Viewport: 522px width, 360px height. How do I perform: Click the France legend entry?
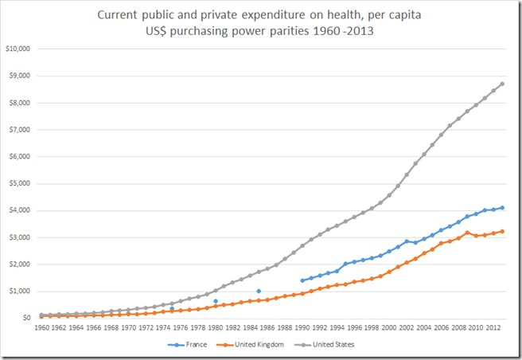pyautogui.click(x=190, y=345)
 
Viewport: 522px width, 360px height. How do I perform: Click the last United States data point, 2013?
pyautogui.click(x=501, y=84)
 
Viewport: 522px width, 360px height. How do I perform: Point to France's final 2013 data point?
pyautogui.click(x=501, y=208)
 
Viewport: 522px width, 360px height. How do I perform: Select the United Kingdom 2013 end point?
pyautogui.click(x=501, y=231)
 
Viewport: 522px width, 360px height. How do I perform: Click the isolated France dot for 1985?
pyautogui.click(x=259, y=292)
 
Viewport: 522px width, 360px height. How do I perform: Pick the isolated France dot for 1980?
pyautogui.click(x=216, y=301)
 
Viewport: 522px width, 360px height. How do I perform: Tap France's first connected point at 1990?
pyautogui.click(x=302, y=280)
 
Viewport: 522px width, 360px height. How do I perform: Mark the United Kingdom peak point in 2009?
pyautogui.click(x=467, y=233)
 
